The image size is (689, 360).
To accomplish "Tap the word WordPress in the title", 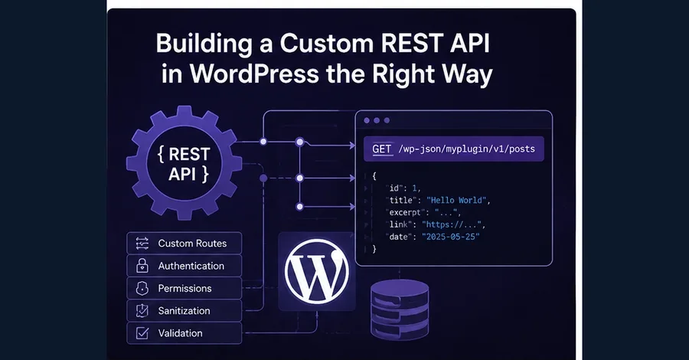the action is point(254,74).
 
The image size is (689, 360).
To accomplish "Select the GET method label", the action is point(382,149).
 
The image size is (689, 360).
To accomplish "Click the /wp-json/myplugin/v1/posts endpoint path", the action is point(467,149).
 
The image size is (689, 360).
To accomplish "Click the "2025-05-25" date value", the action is point(450,237).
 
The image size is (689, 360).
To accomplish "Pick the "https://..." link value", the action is point(451,224).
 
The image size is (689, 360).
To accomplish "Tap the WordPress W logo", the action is point(316,272).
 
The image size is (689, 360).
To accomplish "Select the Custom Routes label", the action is point(192,244).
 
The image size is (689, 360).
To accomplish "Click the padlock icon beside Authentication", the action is point(142,266).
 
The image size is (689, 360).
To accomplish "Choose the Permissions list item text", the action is point(185,288).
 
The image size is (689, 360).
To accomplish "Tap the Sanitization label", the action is point(184,311).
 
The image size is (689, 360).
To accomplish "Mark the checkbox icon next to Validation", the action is point(142,333).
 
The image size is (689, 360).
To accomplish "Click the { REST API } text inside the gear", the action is point(184,164).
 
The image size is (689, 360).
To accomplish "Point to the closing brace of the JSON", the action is point(374,249).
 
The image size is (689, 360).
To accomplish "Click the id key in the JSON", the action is point(394,188).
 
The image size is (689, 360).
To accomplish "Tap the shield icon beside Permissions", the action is point(142,288).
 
